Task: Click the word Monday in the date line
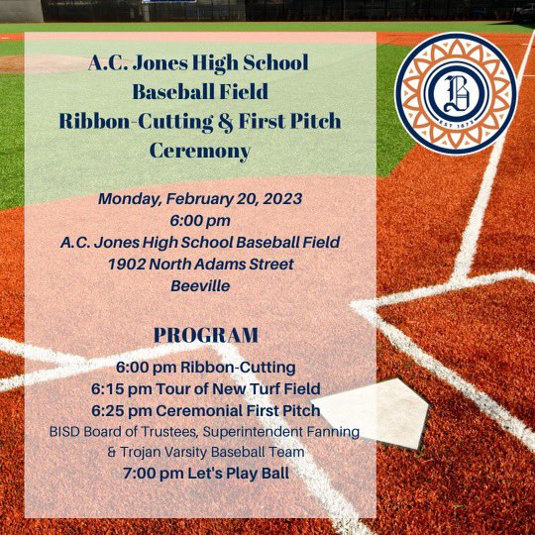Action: [x=132, y=198]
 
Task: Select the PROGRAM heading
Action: [x=206, y=335]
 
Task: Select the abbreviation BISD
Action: [x=66, y=431]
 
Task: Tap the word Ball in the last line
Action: [x=269, y=473]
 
